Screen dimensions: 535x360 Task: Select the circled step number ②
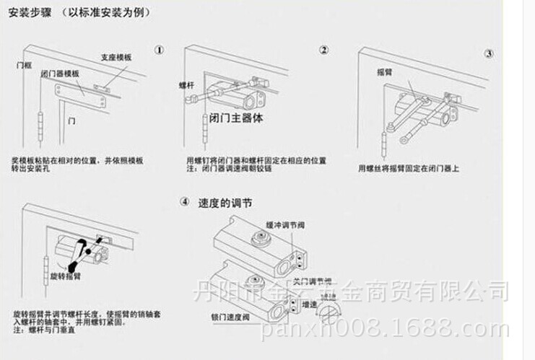(324, 50)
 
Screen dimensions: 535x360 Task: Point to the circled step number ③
(489, 53)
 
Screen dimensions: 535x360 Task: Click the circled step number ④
(184, 203)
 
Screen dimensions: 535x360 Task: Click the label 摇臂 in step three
(384, 72)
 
